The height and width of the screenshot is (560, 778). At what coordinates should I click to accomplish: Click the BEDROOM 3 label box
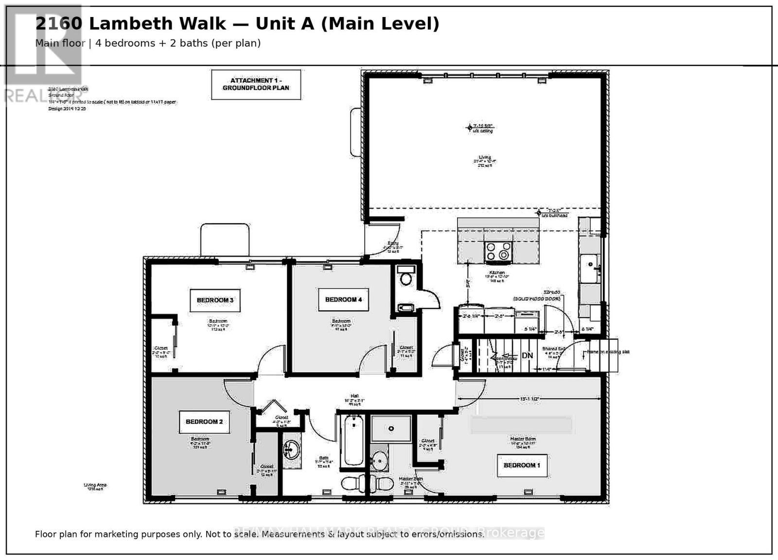coord(215,300)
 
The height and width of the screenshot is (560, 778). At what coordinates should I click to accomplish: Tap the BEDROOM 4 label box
coord(343,299)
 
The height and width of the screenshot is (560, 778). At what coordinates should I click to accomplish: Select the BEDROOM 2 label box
coord(204,421)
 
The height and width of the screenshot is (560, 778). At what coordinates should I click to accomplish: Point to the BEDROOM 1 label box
coord(522,465)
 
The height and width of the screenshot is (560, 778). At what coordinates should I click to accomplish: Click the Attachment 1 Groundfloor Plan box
coord(256,84)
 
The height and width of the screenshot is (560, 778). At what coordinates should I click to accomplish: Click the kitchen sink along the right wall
coord(590,267)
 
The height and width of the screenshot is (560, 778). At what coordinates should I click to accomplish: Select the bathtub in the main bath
coord(354,440)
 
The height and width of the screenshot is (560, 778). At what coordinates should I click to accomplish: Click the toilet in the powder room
coord(405,279)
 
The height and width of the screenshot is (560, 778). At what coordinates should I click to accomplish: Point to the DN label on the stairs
coord(527,356)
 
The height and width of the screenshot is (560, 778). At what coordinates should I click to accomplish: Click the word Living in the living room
coord(484,157)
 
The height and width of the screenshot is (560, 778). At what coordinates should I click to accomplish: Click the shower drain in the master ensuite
coord(391,429)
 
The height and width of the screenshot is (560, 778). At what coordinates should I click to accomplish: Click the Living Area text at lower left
coord(95,485)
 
